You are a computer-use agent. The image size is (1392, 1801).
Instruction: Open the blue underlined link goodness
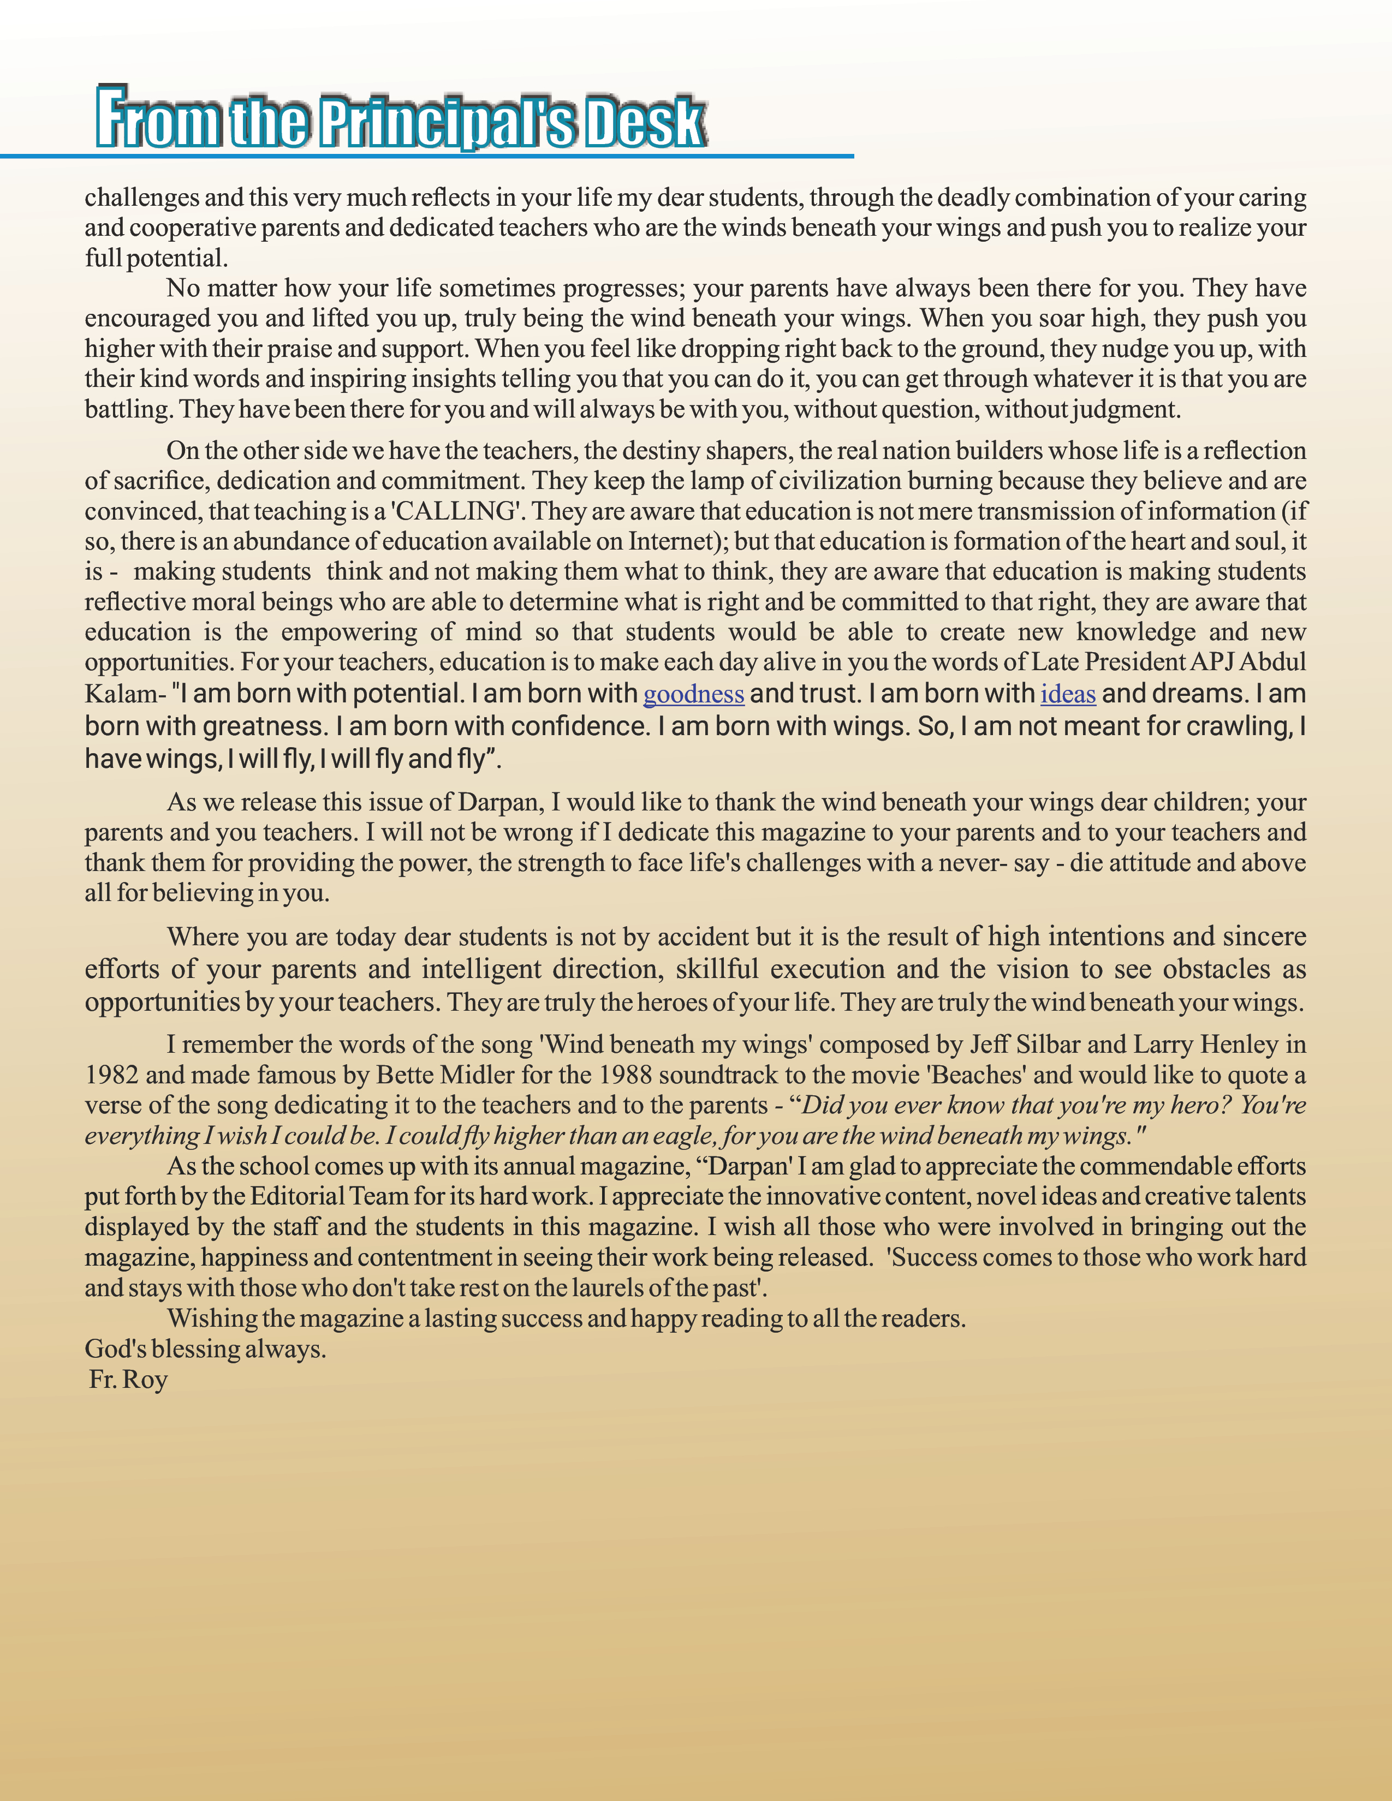pyautogui.click(x=693, y=694)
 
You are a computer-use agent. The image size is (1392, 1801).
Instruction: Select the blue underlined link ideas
pyautogui.click(x=1068, y=694)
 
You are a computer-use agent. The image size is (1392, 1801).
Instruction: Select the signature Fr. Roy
pyautogui.click(x=129, y=1380)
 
